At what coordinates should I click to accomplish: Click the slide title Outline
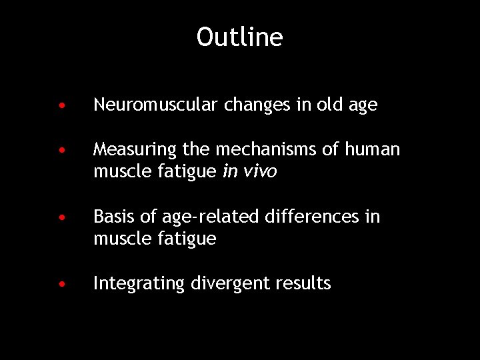[239, 37]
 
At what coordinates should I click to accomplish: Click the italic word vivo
[259, 172]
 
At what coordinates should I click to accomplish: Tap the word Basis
[112, 217]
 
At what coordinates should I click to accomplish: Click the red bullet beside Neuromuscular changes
[61, 105]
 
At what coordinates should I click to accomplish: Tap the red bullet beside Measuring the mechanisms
[61, 151]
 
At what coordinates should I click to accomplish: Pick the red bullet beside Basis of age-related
[61, 217]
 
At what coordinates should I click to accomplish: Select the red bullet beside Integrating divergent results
[61, 284]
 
